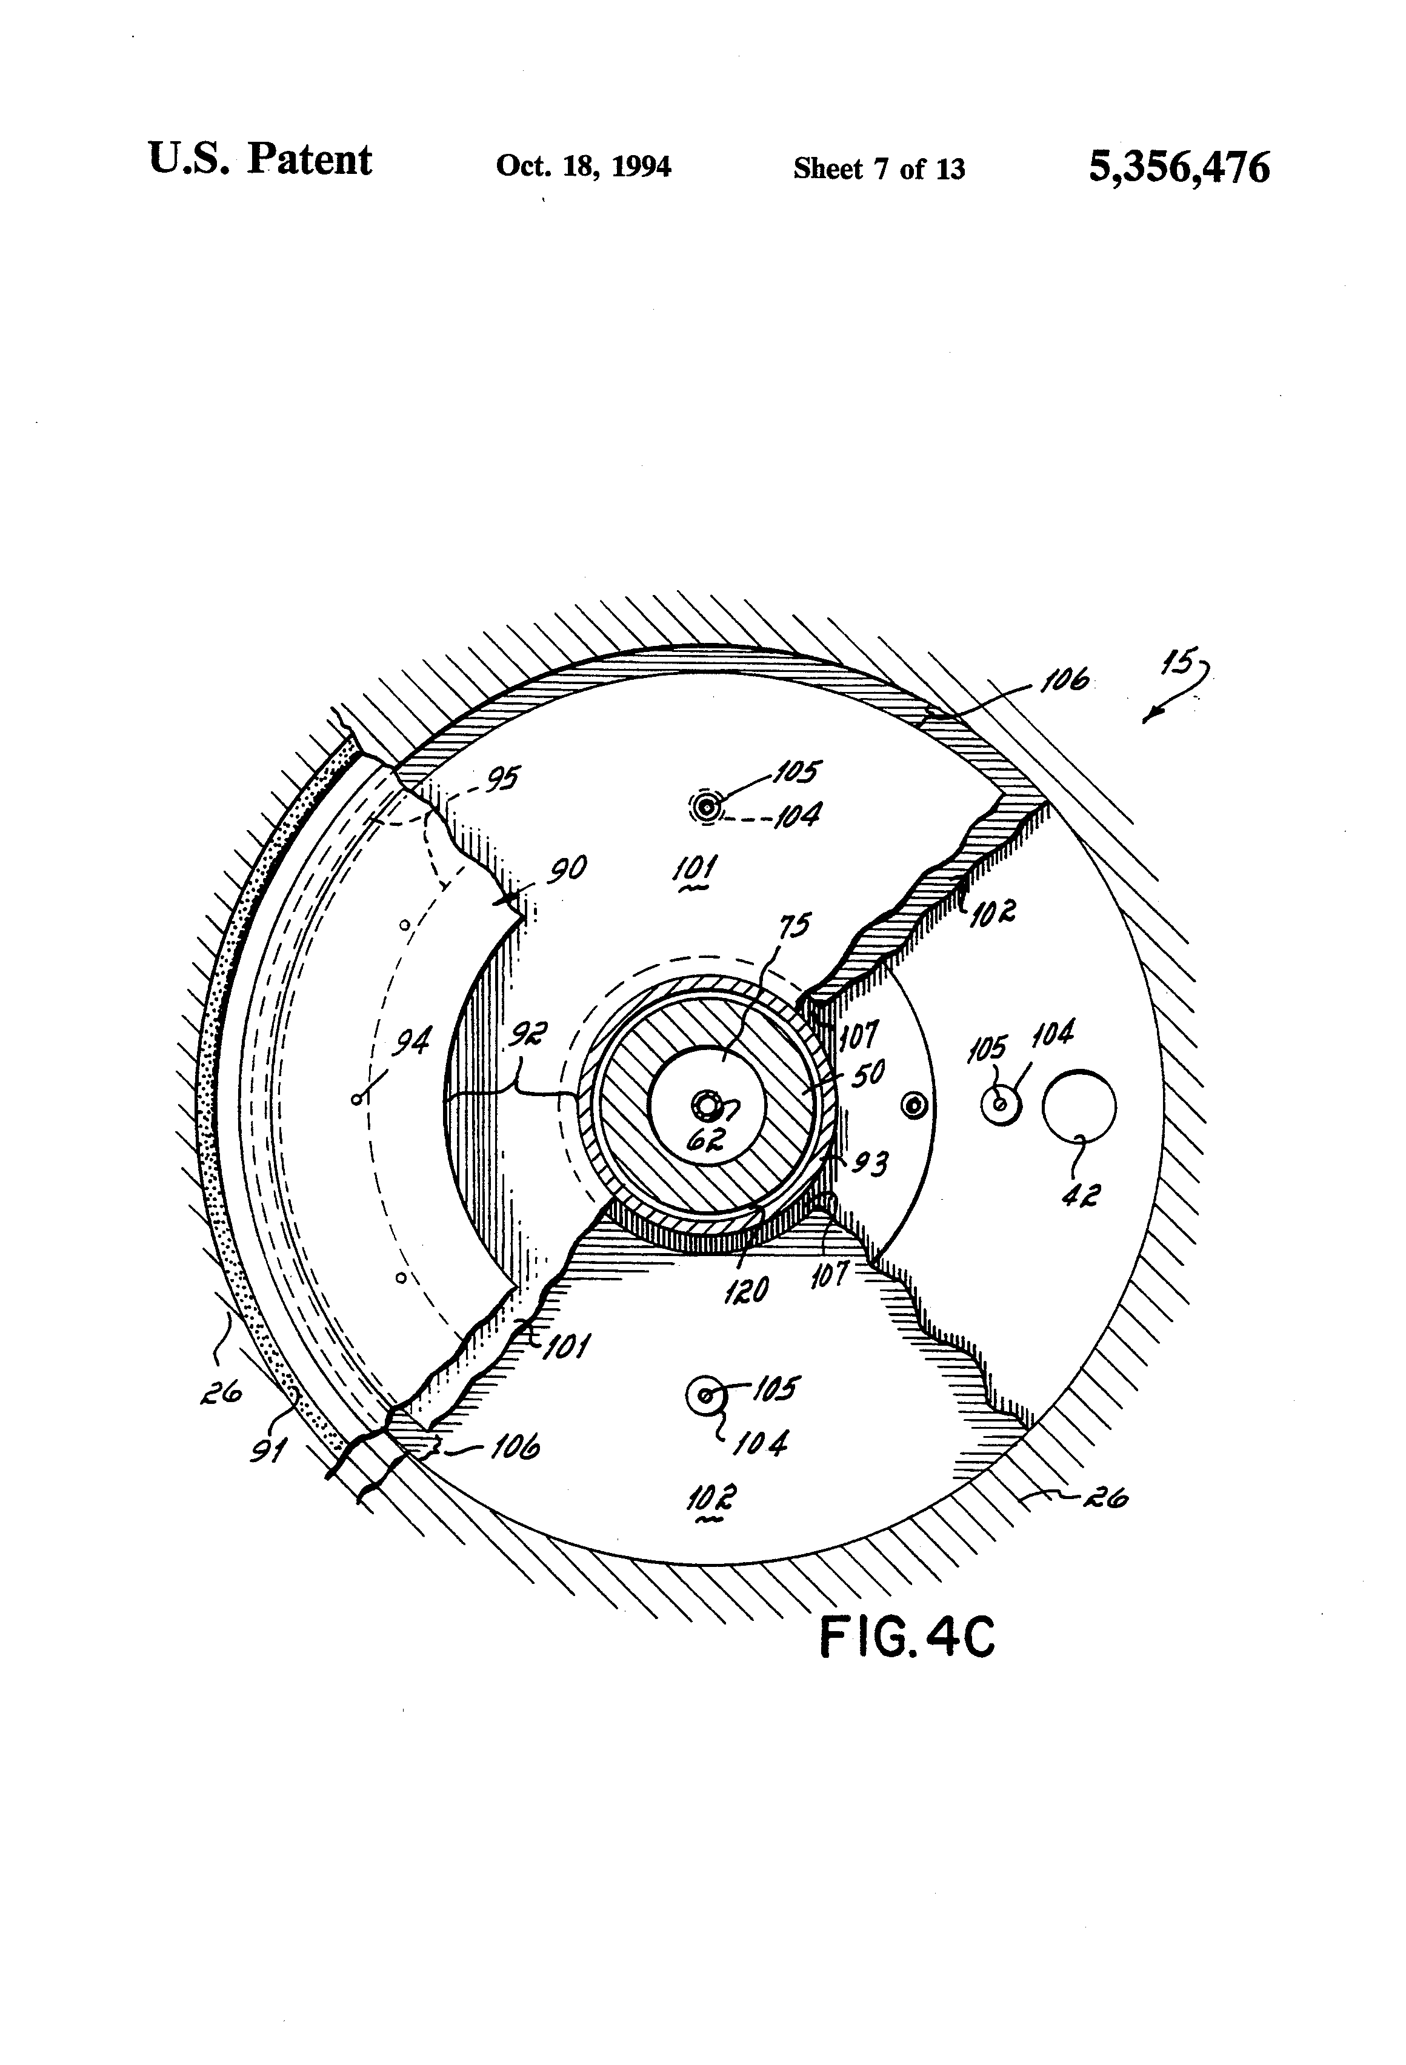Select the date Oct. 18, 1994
pyautogui.click(x=583, y=166)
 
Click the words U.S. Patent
pyautogui.click(x=259, y=160)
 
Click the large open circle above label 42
pyautogui.click(x=1079, y=1106)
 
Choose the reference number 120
pyautogui.click(x=745, y=1289)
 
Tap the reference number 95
pyautogui.click(x=502, y=779)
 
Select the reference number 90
pyautogui.click(x=566, y=868)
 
